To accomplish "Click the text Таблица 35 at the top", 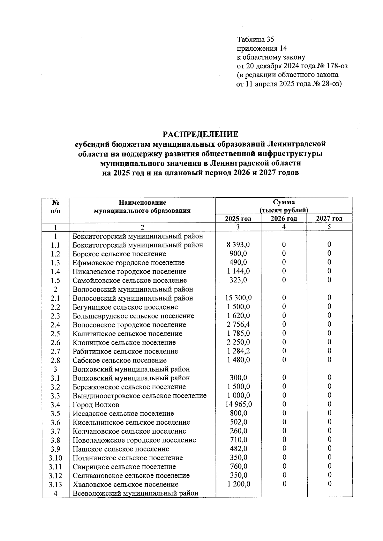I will tap(255, 40).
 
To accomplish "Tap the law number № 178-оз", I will tap(332, 66).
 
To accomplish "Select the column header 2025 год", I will tap(238, 219).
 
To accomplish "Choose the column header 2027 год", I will tap(329, 219).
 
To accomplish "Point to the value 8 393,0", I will tap(238, 245).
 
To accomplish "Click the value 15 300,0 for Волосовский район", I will tap(238, 298).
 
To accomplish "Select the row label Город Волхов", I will tap(96, 405).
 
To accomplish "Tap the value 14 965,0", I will tap(238, 405).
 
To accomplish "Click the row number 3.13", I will tap(55, 485).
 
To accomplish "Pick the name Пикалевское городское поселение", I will tap(129, 272).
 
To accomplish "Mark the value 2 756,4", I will tap(238, 325).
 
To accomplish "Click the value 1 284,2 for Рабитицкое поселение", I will tap(238, 351).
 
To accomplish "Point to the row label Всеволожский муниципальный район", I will tap(135, 493).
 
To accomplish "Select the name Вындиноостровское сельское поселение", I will tap(139, 396).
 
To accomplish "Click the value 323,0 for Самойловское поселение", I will tap(238, 280).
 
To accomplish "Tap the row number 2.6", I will tap(55, 343).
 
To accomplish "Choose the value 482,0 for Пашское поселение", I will tap(238, 449).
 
